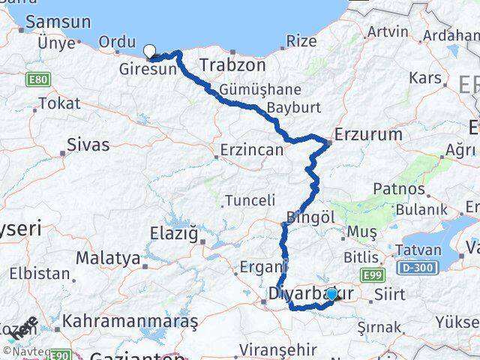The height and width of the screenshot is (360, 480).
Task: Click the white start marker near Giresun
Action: [x=150, y=51]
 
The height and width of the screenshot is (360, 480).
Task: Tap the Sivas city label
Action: [x=88, y=145]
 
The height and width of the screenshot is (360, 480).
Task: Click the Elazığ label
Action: [x=178, y=235]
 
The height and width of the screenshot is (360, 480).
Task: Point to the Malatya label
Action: [x=109, y=259]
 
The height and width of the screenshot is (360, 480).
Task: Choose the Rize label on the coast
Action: [x=301, y=40]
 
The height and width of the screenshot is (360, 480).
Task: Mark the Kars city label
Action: [x=424, y=77]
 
